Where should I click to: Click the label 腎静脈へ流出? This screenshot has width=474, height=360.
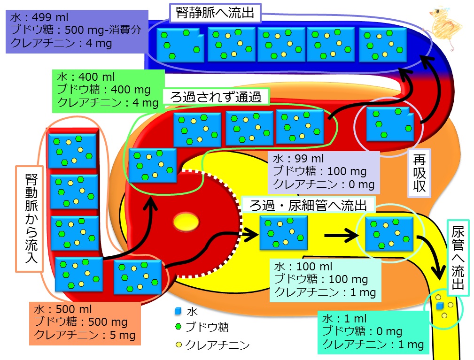[215, 13]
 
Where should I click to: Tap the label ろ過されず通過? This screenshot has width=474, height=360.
[216, 97]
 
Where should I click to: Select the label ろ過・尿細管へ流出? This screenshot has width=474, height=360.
[308, 206]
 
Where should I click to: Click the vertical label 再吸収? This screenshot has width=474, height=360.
[420, 173]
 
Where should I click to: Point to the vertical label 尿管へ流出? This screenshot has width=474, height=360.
[458, 258]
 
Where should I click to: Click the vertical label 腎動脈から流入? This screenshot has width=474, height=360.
[31, 218]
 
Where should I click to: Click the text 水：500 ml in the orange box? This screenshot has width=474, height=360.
[62, 309]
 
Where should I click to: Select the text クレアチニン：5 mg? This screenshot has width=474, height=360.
[85, 335]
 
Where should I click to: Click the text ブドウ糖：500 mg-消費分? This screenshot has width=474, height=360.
[76, 30]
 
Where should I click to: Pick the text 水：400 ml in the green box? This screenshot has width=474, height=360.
[86, 77]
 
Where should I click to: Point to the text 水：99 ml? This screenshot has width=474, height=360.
[298, 158]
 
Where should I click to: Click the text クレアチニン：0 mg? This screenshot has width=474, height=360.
[324, 184]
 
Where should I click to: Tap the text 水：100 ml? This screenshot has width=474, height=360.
[303, 267]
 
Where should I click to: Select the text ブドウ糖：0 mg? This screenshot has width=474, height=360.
[362, 331]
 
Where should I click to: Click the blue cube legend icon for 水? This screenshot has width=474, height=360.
[178, 311]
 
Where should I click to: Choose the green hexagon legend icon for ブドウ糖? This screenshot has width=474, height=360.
[179, 327]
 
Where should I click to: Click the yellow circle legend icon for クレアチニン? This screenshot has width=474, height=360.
[179, 345]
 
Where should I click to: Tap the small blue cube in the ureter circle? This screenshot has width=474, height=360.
[440, 306]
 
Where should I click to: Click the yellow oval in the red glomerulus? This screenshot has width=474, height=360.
[186, 222]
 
